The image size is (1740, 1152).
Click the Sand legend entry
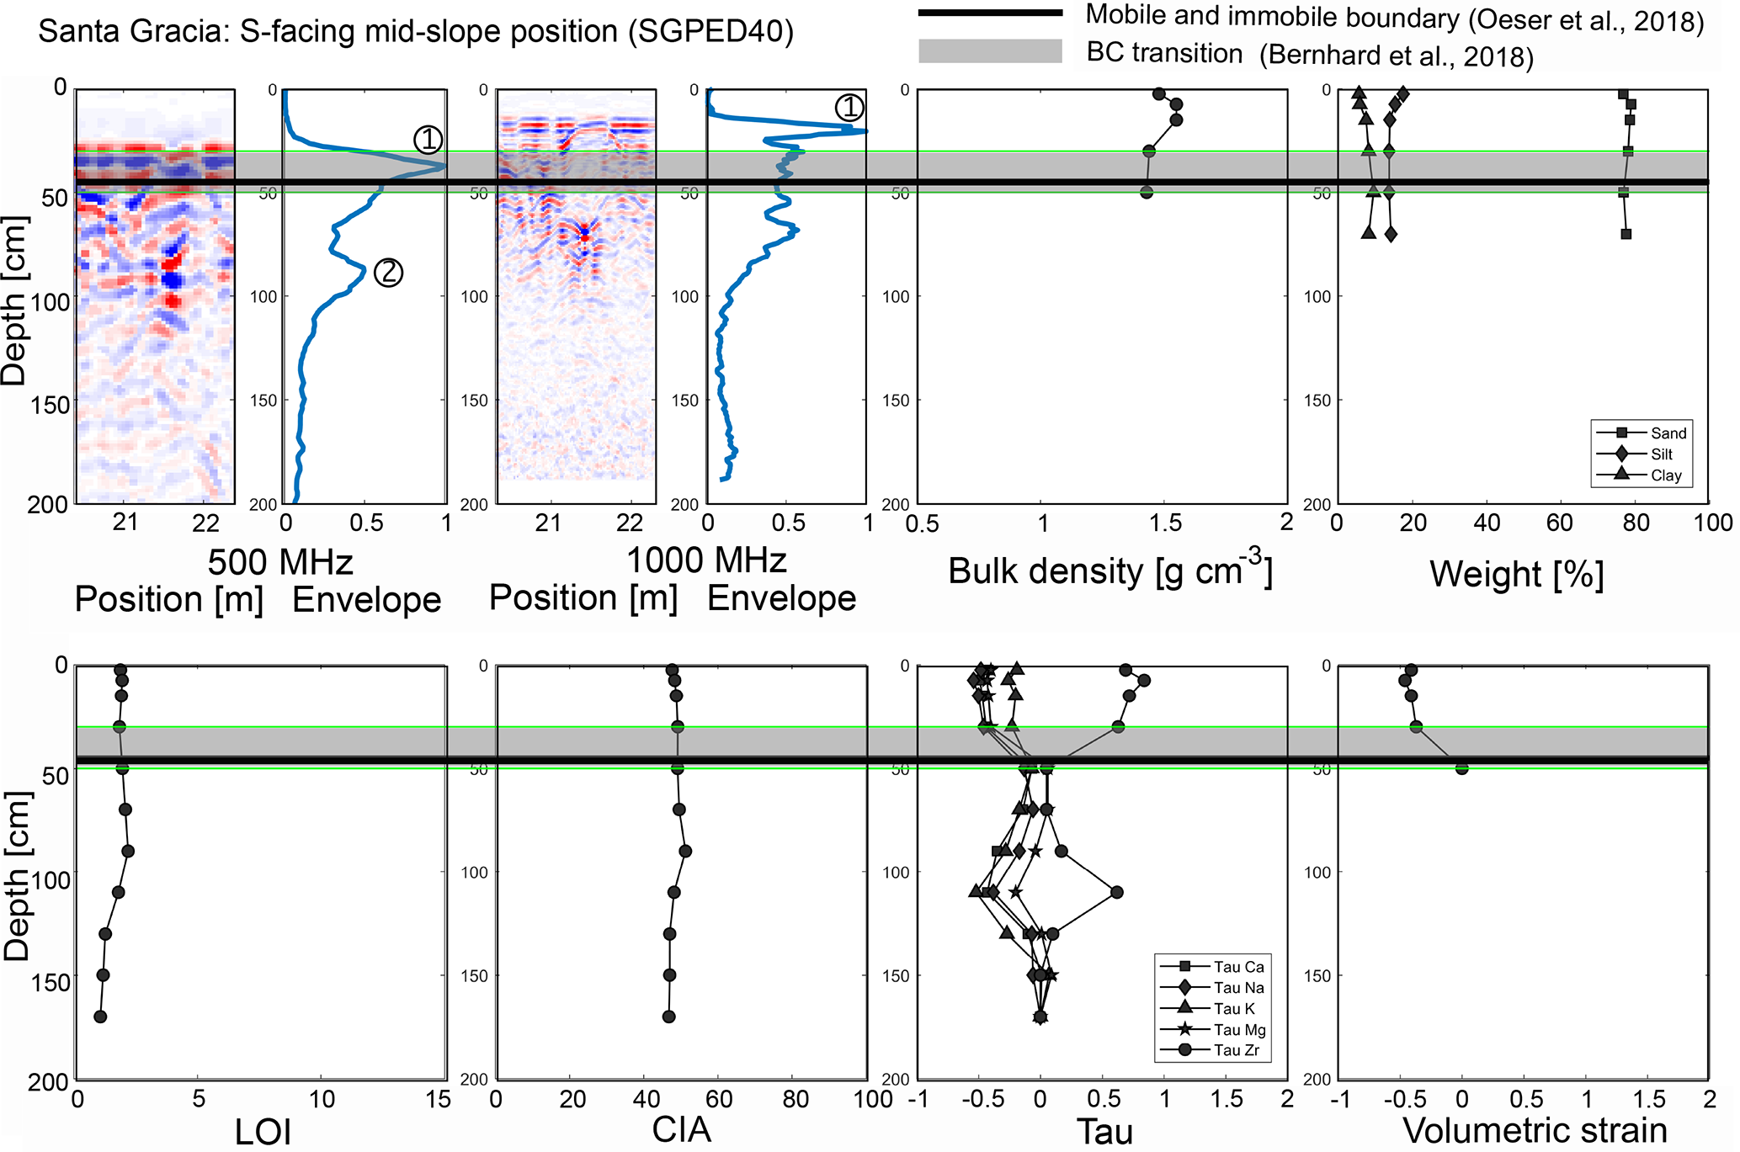1668,433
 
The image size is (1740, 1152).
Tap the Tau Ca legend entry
1238,967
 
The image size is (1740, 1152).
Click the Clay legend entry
1665,475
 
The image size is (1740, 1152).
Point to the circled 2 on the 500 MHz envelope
388,272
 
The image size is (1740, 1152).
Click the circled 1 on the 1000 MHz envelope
849,107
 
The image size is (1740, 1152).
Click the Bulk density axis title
1109,571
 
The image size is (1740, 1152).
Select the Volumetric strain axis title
1535,1130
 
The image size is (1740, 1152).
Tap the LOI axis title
263,1133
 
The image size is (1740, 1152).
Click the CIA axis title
681,1130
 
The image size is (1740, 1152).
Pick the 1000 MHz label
706,560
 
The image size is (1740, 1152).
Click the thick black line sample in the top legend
990,13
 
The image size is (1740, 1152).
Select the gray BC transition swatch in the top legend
990,51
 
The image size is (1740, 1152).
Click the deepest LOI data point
100,1017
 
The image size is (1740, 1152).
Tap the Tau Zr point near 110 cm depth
1117,892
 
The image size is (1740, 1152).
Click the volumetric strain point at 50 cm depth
1462,768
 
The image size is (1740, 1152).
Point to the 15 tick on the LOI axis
439,1100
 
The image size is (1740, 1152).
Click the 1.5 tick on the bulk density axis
1165,523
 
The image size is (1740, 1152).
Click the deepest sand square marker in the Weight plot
1626,234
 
